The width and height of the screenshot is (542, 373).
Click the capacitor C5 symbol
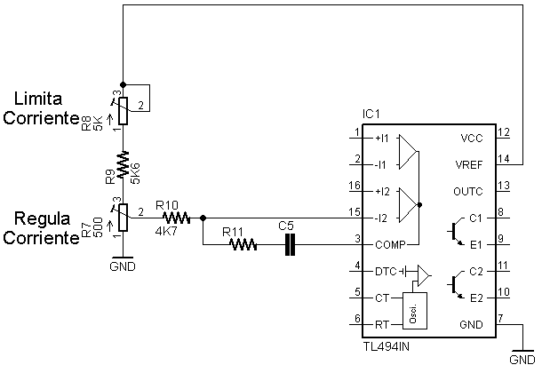pyautogui.click(x=290, y=244)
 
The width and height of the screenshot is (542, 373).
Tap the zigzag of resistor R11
pyautogui.click(x=243, y=244)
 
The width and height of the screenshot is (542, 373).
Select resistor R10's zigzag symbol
pyautogui.click(x=176, y=218)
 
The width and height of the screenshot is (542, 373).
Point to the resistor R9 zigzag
pyautogui.click(x=123, y=164)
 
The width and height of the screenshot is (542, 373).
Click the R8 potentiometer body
pyautogui.click(x=123, y=111)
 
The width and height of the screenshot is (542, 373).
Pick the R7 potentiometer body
pyautogui.click(x=123, y=218)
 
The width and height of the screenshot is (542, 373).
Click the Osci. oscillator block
pyautogui.click(x=415, y=311)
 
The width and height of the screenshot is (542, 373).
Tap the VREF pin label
pyautogui.click(x=469, y=165)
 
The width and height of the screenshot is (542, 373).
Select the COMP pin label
pyautogui.click(x=390, y=245)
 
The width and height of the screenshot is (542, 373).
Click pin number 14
pyautogui.click(x=504, y=158)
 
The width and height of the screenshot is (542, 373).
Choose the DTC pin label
pyautogui.click(x=386, y=272)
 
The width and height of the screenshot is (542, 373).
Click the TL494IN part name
pyautogui.click(x=387, y=346)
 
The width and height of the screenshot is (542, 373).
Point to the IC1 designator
pyautogui.click(x=371, y=114)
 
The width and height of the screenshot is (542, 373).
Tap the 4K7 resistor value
pyautogui.click(x=166, y=231)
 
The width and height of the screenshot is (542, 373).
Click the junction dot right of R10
pyautogui.click(x=203, y=218)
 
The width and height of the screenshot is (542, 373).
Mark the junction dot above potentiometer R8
pyautogui.click(x=123, y=84)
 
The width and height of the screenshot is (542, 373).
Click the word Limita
pyautogui.click(x=38, y=99)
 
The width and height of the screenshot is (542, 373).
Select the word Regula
pyautogui.click(x=42, y=218)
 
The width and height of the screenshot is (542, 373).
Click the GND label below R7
pyautogui.click(x=123, y=266)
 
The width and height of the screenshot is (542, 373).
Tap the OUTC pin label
pyautogui.click(x=468, y=191)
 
